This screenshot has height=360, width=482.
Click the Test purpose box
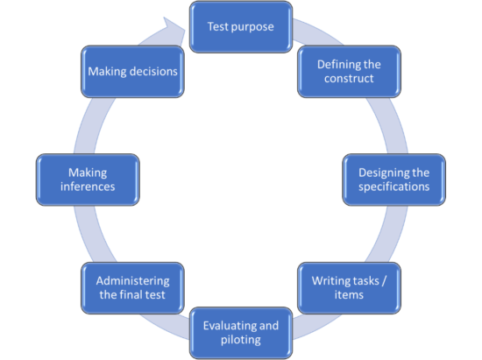pyautogui.click(x=240, y=26)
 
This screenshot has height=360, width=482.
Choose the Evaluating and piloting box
pyautogui.click(x=240, y=332)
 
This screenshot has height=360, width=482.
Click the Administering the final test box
pyautogui.click(x=132, y=287)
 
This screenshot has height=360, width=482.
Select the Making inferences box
pyautogui.click(x=88, y=179)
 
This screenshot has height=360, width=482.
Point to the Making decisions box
pyautogui.click(x=133, y=71)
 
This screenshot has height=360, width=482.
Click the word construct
pyautogui.click(x=348, y=78)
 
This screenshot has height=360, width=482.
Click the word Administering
pyautogui.click(x=132, y=279)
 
